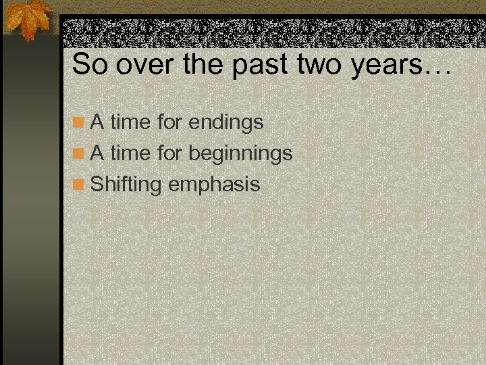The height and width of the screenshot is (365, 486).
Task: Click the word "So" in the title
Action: point(90,65)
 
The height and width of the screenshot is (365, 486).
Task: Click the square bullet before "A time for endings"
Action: point(79,123)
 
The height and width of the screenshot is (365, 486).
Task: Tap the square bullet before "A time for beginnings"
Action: point(79,154)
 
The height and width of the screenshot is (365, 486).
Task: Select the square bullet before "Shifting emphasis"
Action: point(79,185)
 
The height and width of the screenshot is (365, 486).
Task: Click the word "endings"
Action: point(225,122)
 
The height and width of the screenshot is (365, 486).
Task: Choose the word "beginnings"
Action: point(240,153)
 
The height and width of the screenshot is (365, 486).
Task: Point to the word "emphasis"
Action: point(214,184)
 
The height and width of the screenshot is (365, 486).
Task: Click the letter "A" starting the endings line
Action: point(97,122)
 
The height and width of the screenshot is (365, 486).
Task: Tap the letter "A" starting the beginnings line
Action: point(97,153)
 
